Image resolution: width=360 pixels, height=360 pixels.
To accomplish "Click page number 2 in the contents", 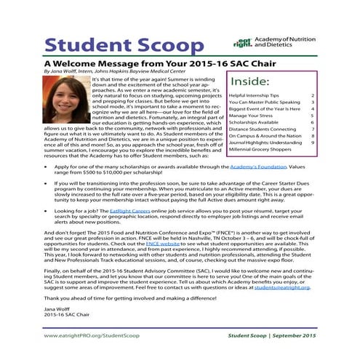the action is click(332, 95).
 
